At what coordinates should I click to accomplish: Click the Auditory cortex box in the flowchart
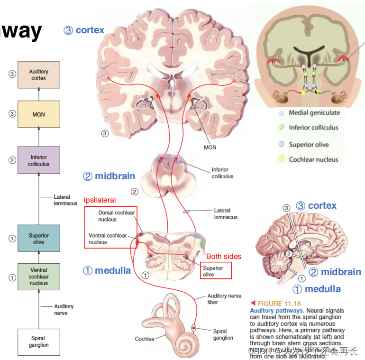click(x=38, y=74)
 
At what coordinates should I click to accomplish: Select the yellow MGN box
click(x=38, y=114)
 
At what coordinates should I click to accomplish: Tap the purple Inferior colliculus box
click(x=38, y=160)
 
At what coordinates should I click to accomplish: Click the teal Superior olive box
click(x=38, y=238)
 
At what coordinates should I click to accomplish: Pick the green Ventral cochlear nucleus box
click(x=38, y=277)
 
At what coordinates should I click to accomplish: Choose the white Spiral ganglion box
click(x=38, y=342)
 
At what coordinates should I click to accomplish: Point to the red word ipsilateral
click(x=100, y=200)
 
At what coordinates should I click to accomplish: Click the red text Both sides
click(x=223, y=257)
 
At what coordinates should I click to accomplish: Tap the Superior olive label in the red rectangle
click(x=213, y=271)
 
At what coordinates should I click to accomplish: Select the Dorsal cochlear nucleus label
click(x=116, y=216)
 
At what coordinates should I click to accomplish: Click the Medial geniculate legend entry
click(x=314, y=113)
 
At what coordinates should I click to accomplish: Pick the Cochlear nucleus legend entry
click(x=313, y=159)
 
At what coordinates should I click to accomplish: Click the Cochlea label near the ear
click(x=145, y=339)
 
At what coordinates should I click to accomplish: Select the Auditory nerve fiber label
click(x=224, y=299)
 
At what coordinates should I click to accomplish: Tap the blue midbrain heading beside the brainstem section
click(x=109, y=176)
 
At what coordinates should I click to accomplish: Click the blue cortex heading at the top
click(x=84, y=30)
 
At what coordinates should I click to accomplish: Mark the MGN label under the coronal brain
click(x=210, y=148)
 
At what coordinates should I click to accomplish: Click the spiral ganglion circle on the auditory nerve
click(x=194, y=328)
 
